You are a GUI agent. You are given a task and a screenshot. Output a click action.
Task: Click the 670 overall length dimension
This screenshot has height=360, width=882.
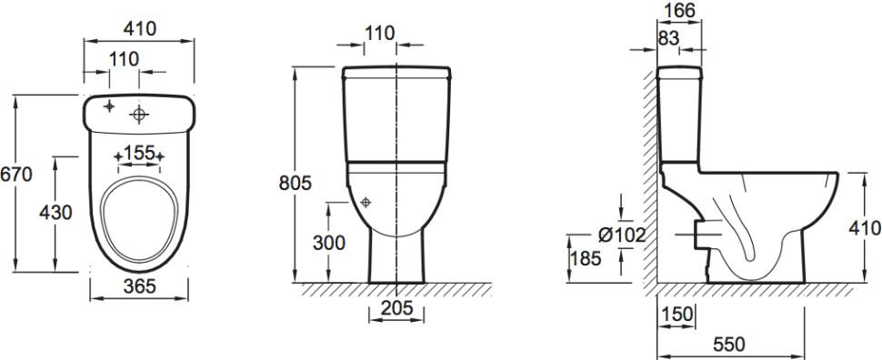[x=16, y=175]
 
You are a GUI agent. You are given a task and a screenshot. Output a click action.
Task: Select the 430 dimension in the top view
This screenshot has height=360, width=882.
[x=55, y=213]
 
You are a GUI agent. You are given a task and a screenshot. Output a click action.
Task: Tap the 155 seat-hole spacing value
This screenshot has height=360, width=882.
[x=139, y=153]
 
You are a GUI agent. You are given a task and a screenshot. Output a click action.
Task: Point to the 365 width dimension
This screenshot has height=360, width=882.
[x=139, y=286]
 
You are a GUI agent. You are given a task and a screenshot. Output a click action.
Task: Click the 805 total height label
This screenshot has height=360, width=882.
[x=296, y=184]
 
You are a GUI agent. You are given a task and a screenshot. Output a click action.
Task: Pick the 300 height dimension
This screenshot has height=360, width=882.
[x=329, y=243]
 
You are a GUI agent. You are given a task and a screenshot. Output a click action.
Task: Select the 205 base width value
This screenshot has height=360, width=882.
[x=396, y=307]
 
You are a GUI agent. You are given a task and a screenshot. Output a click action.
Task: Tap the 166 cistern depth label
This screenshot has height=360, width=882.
[x=679, y=10]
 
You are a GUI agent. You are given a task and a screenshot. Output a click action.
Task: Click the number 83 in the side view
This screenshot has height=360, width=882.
[x=668, y=38]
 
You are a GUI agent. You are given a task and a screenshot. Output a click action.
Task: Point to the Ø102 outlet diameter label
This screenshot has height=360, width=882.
[x=622, y=235]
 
